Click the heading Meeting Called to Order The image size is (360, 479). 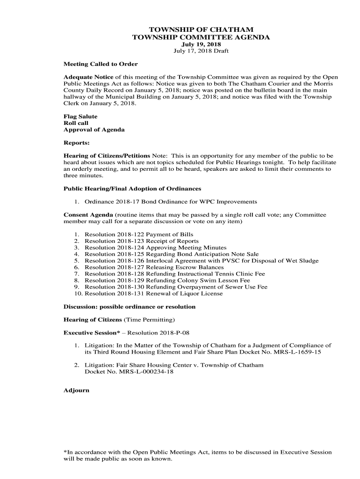(101, 64)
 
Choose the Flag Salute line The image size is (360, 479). (80, 116)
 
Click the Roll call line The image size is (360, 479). (76, 123)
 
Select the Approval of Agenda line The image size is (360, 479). (94, 130)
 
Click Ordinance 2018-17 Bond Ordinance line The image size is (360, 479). (171, 202)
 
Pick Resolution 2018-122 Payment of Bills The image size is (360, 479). (139, 234)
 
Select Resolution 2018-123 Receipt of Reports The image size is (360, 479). (142, 241)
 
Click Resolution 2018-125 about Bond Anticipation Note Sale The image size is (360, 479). (172, 254)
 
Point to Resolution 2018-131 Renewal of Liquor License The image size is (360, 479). (154, 294)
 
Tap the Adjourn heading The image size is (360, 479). (76, 390)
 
